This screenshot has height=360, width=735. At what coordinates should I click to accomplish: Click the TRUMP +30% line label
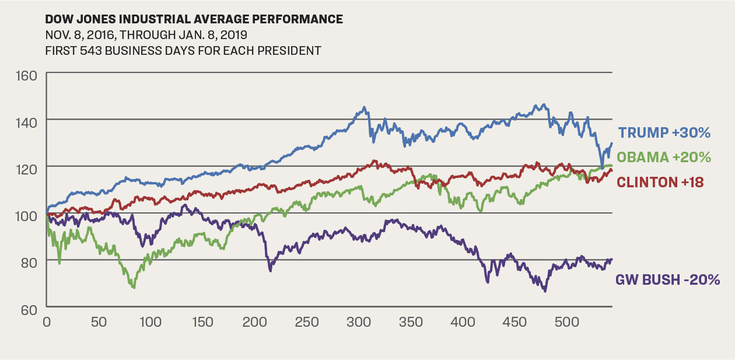click(x=664, y=133)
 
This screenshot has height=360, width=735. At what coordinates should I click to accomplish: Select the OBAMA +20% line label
click(x=663, y=158)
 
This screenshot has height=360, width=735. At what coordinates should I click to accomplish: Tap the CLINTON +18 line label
click(x=660, y=182)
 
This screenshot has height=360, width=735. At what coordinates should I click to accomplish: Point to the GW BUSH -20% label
click(x=667, y=280)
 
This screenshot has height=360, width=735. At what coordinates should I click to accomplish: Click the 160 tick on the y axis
click(x=27, y=75)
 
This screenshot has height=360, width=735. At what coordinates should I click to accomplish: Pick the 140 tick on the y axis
click(x=27, y=122)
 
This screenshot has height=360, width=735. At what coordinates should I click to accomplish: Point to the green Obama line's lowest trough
click(x=134, y=288)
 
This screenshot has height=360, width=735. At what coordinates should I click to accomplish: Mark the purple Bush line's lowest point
click(x=545, y=291)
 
